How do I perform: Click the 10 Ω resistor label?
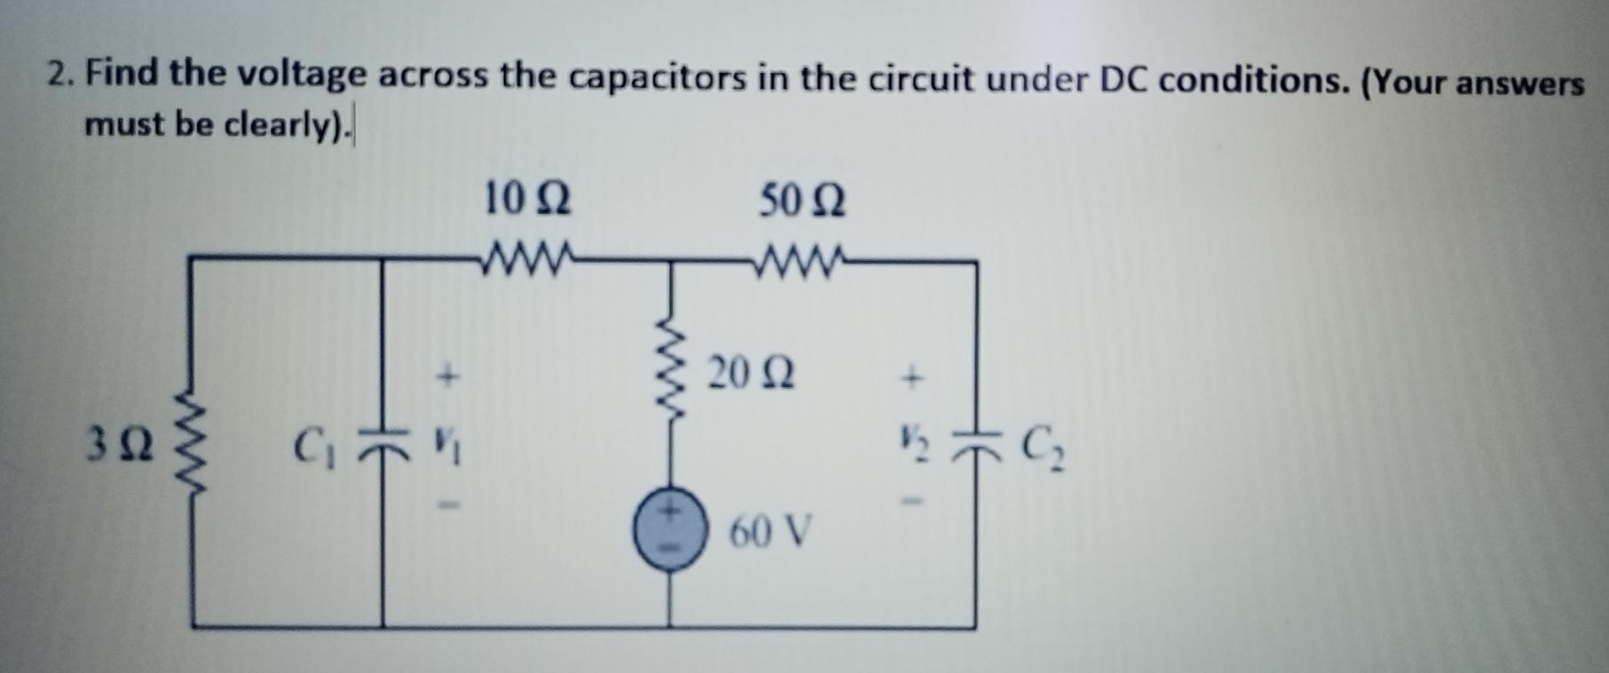coord(527,199)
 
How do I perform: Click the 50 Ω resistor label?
coord(802,202)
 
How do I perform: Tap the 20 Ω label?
coord(752,373)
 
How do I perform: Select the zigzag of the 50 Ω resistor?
coord(802,260)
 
